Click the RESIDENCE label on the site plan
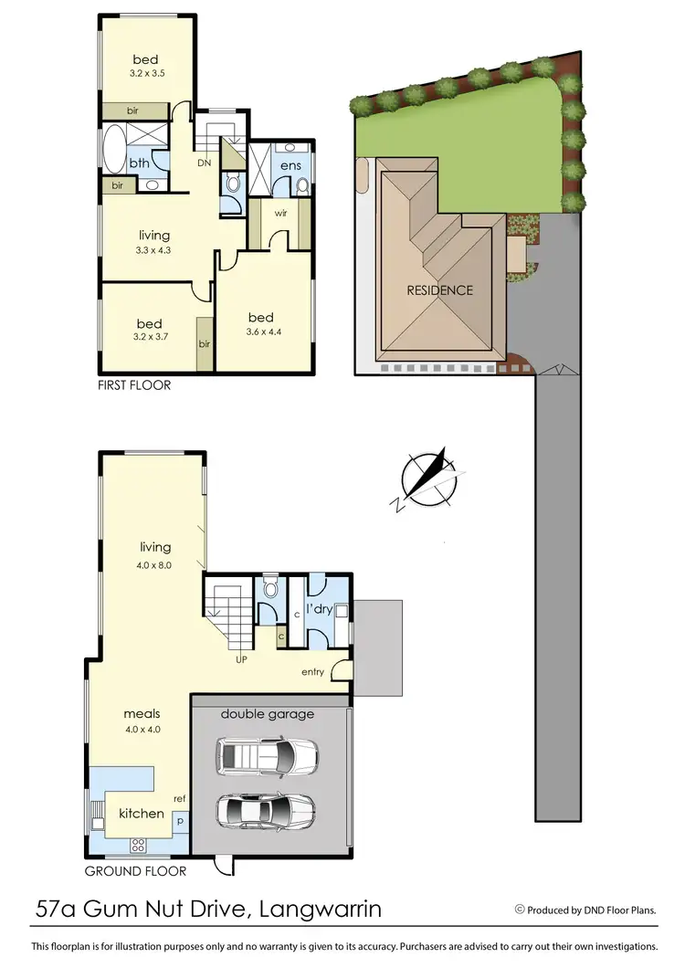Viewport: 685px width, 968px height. pyautogui.click(x=440, y=290)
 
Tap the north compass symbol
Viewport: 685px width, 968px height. pyautogui.click(x=427, y=479)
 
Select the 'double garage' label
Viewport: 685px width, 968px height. pyautogui.click(x=267, y=714)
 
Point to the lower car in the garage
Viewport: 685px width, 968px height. pyautogui.click(x=266, y=808)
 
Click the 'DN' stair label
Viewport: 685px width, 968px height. pyautogui.click(x=205, y=163)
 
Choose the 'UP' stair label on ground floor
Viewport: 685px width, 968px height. pyautogui.click(x=242, y=658)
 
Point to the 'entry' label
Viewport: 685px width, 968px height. pyautogui.click(x=313, y=672)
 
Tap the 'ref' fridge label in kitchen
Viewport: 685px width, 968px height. pyautogui.click(x=180, y=799)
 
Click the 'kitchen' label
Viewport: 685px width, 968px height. pyautogui.click(x=142, y=813)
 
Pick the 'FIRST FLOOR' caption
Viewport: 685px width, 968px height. pyautogui.click(x=134, y=385)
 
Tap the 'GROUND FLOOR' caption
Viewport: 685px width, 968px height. pyautogui.click(x=135, y=870)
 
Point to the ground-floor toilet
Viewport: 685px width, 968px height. pyautogui.click(x=269, y=589)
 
